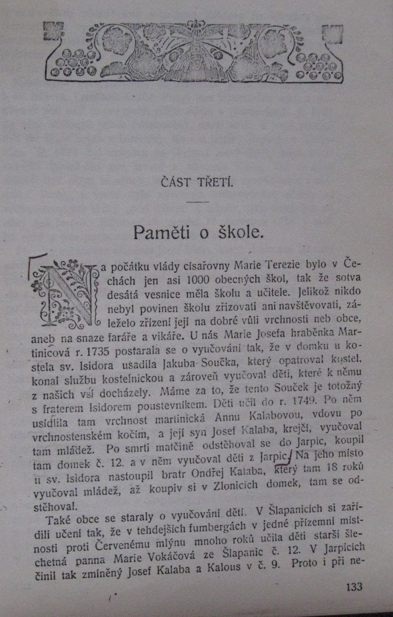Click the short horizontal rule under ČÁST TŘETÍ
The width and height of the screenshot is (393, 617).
pos(197,202)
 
